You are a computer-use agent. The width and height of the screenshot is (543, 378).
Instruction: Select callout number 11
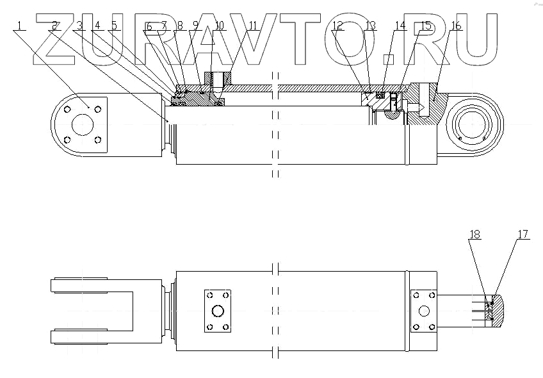click(x=253, y=26)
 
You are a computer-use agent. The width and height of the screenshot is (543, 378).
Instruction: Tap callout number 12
click(x=337, y=26)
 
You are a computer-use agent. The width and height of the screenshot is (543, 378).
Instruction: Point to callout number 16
click(x=456, y=26)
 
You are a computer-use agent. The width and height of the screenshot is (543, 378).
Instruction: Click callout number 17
click(x=523, y=234)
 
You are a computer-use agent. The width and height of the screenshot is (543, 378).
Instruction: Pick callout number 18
click(x=474, y=234)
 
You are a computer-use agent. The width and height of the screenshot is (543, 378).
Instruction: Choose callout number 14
click(x=400, y=26)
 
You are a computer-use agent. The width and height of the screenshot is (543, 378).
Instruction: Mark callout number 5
click(x=114, y=26)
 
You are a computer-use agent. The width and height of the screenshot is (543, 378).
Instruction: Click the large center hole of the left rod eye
click(x=82, y=125)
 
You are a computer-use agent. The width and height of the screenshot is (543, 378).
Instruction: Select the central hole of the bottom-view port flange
click(x=217, y=311)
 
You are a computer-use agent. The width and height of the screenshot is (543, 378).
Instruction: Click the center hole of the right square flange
click(x=423, y=311)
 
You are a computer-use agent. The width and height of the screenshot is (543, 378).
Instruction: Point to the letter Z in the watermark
click(x=61, y=38)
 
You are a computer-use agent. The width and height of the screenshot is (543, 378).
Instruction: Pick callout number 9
click(x=196, y=26)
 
